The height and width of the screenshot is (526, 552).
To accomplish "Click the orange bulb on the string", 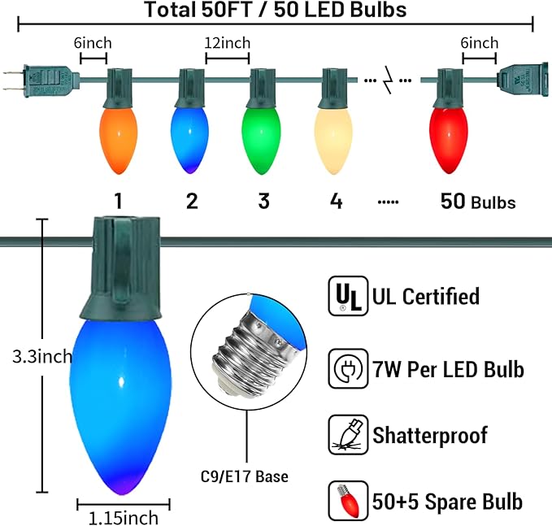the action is pyautogui.click(x=119, y=141).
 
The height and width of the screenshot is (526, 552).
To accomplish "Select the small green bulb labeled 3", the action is pyautogui.click(x=261, y=141).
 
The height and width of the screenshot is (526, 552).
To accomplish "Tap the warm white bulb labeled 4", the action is pyautogui.click(x=333, y=141).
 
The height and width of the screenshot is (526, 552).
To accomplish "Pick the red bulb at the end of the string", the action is pyautogui.click(x=449, y=140).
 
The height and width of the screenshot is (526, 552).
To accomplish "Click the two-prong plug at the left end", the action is pyautogui.click(x=41, y=81).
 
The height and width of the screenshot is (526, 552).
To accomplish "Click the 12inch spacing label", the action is pyautogui.click(x=228, y=43).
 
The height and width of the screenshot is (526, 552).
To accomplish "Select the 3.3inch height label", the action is pyautogui.click(x=42, y=357).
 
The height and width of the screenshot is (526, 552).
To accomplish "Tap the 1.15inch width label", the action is pyautogui.click(x=124, y=518).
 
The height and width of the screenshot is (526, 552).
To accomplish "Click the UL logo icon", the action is pyautogui.click(x=348, y=296).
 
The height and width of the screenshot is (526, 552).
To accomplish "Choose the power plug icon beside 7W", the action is pyautogui.click(x=348, y=368).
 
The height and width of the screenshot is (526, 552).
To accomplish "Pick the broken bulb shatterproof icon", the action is pyautogui.click(x=348, y=434).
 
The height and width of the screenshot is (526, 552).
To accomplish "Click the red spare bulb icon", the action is pyautogui.click(x=348, y=500).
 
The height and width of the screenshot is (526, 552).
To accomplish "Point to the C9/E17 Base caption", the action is pyautogui.click(x=245, y=476).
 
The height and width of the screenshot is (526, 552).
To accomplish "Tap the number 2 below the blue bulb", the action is pyautogui.click(x=192, y=201).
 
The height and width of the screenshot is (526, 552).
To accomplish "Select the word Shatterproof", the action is pyautogui.click(x=430, y=436).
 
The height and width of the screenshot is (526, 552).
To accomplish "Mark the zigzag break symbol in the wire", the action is pyautogui.click(x=387, y=80).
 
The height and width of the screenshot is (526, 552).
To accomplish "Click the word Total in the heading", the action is pyautogui.click(x=170, y=10).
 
